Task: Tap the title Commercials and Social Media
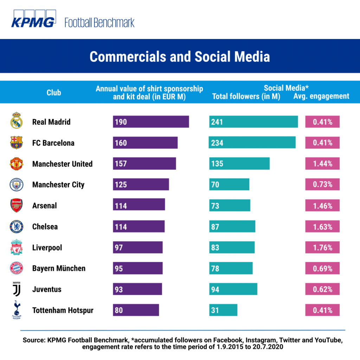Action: (180, 57)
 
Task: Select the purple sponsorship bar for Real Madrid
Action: (151, 122)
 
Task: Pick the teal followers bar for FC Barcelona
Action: (252, 143)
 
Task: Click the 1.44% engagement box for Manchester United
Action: (322, 164)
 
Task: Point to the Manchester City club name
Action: (58, 185)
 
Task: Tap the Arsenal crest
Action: (16, 205)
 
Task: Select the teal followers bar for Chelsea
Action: (232, 227)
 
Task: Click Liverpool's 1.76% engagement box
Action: (322, 247)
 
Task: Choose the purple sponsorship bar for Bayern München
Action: (138, 268)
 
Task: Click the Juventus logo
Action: (16, 289)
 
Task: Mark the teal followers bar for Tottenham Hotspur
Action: (223, 310)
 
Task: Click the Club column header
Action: (54, 93)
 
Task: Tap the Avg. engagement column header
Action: (321, 96)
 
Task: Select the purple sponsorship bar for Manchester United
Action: (144, 164)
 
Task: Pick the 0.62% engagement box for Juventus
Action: (322, 289)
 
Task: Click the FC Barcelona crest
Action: (16, 143)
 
